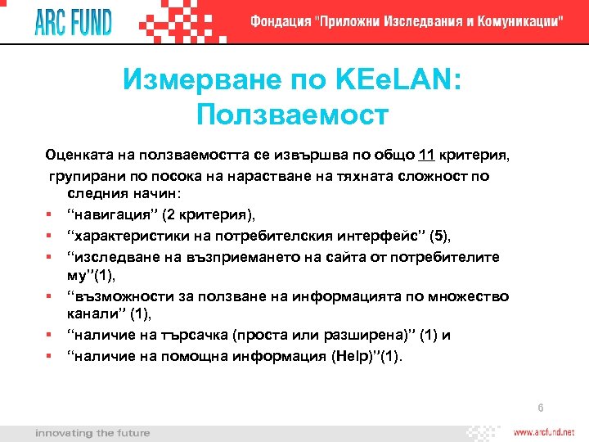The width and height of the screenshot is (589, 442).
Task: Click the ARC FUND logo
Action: pos(73,20)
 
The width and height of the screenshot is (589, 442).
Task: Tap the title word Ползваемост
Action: pos(292,115)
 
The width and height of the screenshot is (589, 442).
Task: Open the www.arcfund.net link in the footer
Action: pos(544,432)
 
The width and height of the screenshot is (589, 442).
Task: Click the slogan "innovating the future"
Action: pos(92,432)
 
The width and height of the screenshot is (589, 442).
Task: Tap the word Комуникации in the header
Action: pos(515,21)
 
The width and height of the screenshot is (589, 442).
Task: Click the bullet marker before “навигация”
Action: pos(51,215)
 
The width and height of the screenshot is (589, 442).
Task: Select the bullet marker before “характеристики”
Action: pos(51,236)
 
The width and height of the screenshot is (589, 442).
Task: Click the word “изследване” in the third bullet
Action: pos(106,256)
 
